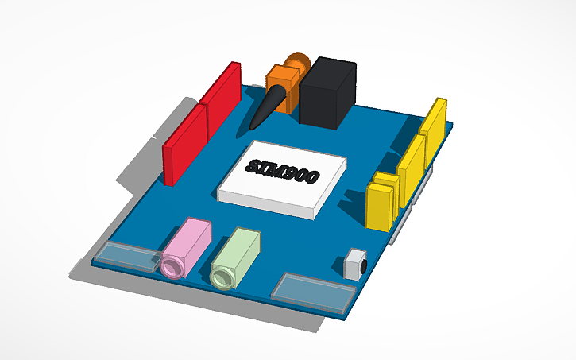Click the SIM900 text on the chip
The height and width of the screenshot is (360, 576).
(x=282, y=170)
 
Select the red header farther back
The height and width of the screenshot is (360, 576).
(x=222, y=96)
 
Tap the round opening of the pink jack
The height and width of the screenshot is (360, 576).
(x=172, y=265)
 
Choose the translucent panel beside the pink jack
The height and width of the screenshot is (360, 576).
(x=127, y=255)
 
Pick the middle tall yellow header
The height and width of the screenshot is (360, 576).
(x=412, y=163)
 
